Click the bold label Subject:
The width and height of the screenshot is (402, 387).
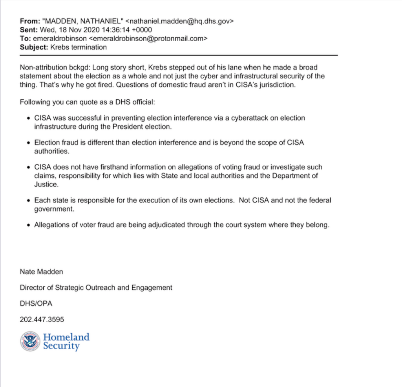pyautogui.click(x=33, y=47)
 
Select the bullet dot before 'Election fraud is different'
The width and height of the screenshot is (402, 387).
pyautogui.click(x=28, y=143)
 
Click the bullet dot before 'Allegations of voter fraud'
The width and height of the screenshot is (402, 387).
pyautogui.click(x=28, y=225)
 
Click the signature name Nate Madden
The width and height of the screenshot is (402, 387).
pyautogui.click(x=41, y=271)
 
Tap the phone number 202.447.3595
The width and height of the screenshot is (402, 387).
pyautogui.click(x=42, y=319)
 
